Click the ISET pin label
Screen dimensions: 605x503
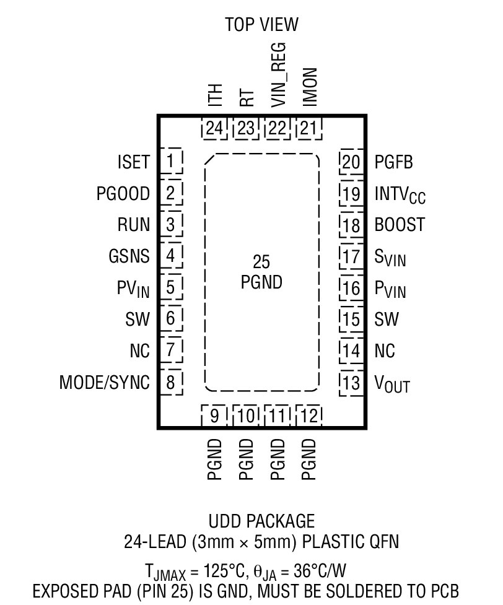coord(133,162)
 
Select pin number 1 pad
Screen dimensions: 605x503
coord(170,162)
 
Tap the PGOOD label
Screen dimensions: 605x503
coord(123,194)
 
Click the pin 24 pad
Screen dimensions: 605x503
coord(214,129)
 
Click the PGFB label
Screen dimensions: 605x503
coord(393,162)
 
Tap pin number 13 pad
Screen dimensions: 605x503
coord(351,383)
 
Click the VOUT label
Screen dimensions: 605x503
coord(392,383)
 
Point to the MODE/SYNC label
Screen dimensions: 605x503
coord(104,383)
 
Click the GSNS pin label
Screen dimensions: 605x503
coord(128,256)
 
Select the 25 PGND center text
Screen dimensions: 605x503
coord(261,272)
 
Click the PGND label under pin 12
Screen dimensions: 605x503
coord(309,459)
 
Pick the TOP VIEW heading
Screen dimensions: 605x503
coord(261,25)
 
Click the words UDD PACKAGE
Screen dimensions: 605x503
coord(261,521)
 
